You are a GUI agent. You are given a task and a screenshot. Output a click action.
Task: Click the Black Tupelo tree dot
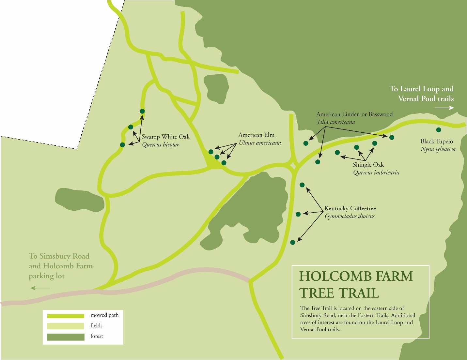point(439,130)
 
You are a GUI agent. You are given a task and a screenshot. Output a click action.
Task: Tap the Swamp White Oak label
point(165,137)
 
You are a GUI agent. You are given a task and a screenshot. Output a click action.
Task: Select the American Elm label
point(256,135)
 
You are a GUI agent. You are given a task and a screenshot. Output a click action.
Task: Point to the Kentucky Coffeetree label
point(350,208)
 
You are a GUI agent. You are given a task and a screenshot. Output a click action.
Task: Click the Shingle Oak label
point(368,165)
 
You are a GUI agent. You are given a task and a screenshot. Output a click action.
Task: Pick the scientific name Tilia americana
point(336,122)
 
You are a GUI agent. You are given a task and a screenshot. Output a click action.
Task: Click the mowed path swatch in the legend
point(66,316)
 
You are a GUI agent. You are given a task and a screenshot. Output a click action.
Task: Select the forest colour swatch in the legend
point(66,337)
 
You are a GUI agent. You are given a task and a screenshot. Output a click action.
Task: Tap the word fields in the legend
point(97,326)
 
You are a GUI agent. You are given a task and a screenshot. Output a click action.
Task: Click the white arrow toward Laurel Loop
point(444,108)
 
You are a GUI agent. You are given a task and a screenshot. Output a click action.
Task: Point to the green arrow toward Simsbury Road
point(40,288)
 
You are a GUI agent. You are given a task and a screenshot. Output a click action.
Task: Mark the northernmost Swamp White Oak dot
point(142,111)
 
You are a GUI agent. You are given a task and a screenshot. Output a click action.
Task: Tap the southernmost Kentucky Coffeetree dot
point(293,242)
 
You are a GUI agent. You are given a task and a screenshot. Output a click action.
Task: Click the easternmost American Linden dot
point(392,137)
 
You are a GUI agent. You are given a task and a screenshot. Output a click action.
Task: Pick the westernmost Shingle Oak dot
point(337,152)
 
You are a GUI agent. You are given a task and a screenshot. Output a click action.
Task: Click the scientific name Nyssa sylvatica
point(438,149)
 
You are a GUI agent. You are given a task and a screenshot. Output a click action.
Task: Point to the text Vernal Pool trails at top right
point(426,98)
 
